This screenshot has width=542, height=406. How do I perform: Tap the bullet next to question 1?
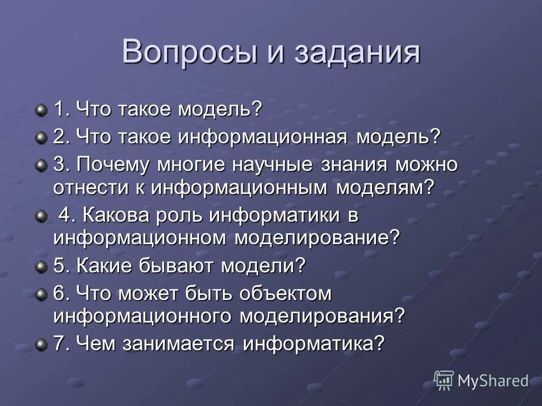pos(41,109)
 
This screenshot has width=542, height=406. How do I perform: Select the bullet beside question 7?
pos(41,343)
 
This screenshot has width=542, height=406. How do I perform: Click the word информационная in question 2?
pos(264,137)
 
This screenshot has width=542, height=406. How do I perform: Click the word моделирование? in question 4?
pos(317,237)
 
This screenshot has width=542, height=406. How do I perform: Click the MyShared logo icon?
pos(443,381)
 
